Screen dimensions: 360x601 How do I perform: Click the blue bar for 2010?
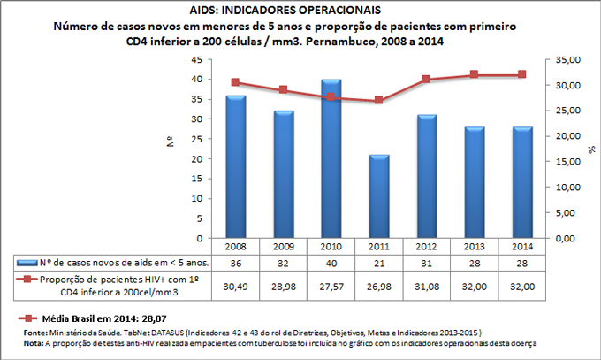point(331,159)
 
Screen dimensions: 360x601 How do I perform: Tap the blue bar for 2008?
point(235,166)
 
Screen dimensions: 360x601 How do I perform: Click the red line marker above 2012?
point(426,80)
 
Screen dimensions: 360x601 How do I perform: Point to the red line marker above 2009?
point(283,90)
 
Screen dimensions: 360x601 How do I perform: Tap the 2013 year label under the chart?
point(473,246)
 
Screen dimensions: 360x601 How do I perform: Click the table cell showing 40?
point(331,263)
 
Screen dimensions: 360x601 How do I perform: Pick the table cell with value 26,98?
point(378,287)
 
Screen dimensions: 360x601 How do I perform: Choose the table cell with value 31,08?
point(426,287)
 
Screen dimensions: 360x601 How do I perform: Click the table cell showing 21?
point(378,263)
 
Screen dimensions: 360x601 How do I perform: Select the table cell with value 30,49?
point(235,287)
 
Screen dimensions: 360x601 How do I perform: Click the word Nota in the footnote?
point(34,341)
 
